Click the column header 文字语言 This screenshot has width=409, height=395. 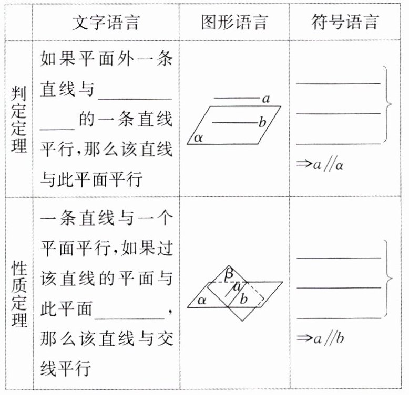(106, 22)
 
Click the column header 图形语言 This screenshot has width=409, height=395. (234, 22)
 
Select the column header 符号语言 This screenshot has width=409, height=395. (345, 22)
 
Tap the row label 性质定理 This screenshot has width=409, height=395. (19, 294)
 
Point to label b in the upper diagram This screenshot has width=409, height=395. (262, 123)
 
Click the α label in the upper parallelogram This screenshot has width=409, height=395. (198, 137)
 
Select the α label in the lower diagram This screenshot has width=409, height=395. (201, 300)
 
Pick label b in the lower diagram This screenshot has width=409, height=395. (243, 300)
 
